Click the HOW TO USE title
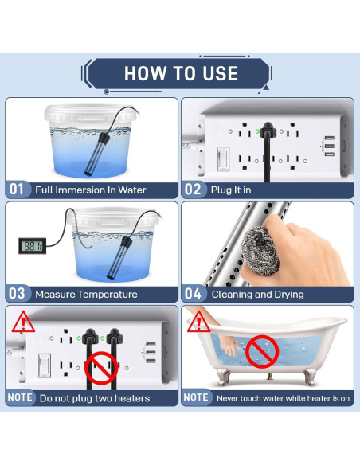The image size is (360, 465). [181, 73]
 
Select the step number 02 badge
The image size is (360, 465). [194, 190]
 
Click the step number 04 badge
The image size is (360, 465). [194, 294]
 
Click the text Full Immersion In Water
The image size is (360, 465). [91, 190]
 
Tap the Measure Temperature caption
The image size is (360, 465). [86, 294]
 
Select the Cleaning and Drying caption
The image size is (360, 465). [256, 294]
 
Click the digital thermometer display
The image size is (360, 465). [30, 246]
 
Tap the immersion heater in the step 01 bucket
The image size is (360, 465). [93, 147]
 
